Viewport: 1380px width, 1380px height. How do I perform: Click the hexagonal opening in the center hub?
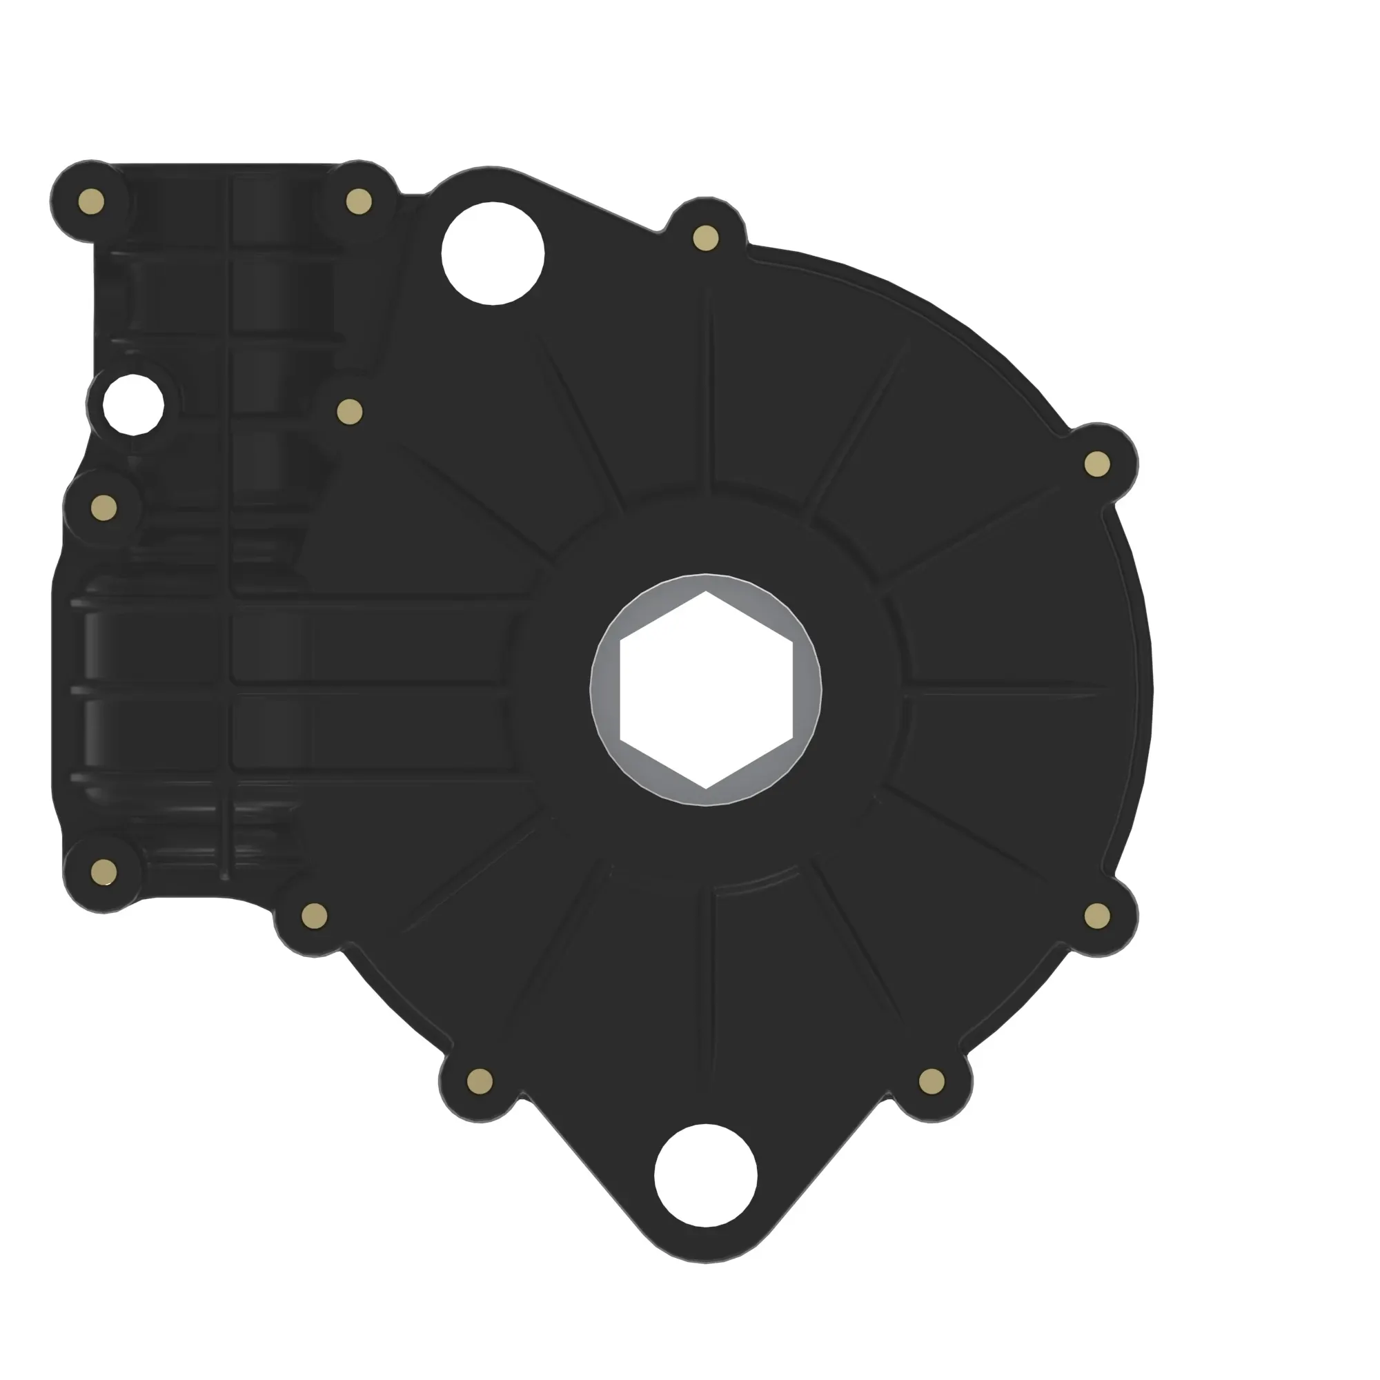tap(705, 690)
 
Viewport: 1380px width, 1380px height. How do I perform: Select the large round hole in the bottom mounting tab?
tap(705, 1176)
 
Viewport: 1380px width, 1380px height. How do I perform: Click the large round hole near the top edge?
tap(493, 253)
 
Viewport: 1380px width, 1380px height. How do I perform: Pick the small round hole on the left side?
tap(133, 405)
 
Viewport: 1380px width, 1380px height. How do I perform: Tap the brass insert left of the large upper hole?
tap(359, 201)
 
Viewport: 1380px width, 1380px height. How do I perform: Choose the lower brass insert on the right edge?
tap(1097, 916)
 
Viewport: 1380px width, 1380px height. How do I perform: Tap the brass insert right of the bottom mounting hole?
tap(931, 1081)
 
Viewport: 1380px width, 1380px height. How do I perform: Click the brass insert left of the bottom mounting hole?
tap(480, 1081)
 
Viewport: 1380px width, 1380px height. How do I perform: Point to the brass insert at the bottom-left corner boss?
tap(104, 871)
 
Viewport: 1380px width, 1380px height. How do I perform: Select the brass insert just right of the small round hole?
tap(349, 411)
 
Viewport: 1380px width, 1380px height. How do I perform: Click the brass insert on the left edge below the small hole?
tap(104, 508)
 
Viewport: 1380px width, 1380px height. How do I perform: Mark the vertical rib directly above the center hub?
tap(707, 386)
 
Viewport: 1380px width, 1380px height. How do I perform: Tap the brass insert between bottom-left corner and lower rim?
tap(314, 916)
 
